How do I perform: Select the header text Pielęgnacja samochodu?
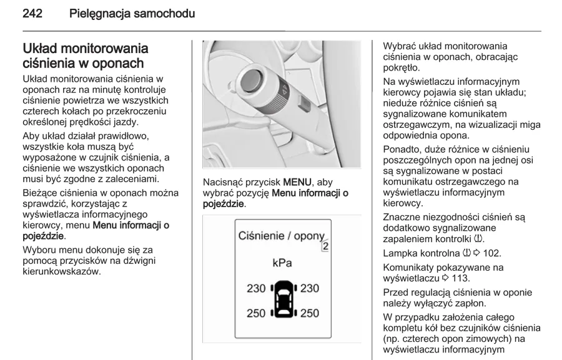click(x=132, y=13)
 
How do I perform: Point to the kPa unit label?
click(x=282, y=263)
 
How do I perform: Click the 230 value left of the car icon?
click(x=256, y=288)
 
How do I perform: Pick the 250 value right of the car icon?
click(x=310, y=313)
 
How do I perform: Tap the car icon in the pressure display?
click(x=283, y=299)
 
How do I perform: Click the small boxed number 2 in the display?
click(x=325, y=246)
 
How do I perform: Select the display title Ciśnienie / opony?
click(x=282, y=236)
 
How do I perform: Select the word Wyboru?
click(x=39, y=249)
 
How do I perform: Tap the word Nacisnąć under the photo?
click(x=225, y=182)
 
